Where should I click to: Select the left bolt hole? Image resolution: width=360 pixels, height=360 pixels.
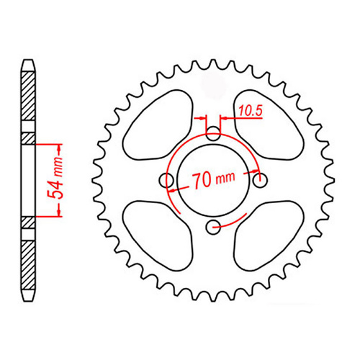(168, 180)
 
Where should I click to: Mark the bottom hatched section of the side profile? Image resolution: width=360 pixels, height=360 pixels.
(28, 263)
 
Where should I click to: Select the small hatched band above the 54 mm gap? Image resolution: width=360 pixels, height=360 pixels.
(28, 138)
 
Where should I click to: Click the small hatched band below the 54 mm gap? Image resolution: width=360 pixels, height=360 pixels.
(28, 222)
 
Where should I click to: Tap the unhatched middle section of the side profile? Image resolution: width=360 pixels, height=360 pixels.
(28, 179)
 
